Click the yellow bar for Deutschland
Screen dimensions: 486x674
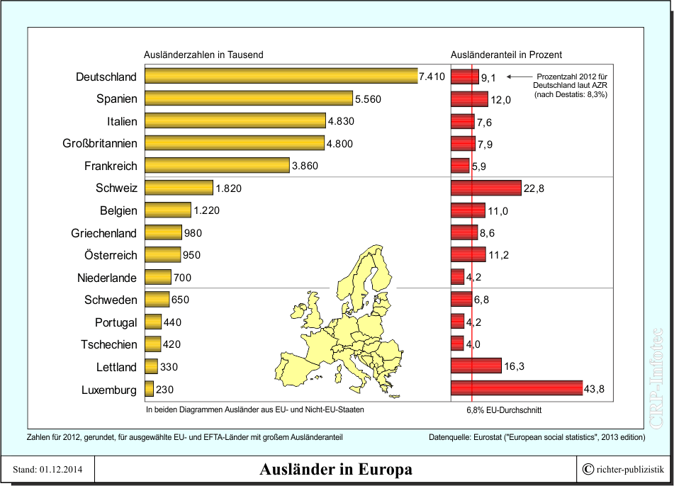click(x=281, y=77)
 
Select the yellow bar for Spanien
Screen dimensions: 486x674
click(x=248, y=98)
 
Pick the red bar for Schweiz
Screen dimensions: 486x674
click(x=485, y=188)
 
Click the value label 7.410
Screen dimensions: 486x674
click(x=432, y=77)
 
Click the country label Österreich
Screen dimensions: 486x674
click(x=104, y=255)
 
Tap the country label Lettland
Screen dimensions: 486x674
click(x=117, y=367)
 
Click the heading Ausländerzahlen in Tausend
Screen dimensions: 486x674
click(x=203, y=55)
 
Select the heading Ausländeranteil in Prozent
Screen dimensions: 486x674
click(x=506, y=55)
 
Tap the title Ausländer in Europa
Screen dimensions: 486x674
click(x=335, y=470)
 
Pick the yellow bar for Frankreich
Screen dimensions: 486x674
click(x=217, y=166)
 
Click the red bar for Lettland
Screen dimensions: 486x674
click(x=476, y=367)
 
